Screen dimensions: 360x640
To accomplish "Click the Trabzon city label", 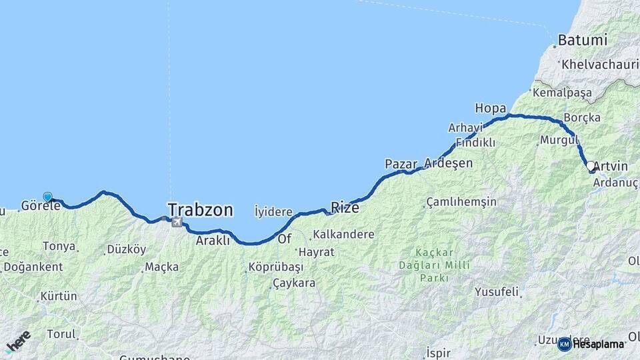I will (x=200, y=210).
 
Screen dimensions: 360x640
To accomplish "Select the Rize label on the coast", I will (x=345, y=207).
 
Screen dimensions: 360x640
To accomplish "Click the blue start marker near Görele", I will (x=47, y=197).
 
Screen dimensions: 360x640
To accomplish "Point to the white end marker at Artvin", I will (x=590, y=166).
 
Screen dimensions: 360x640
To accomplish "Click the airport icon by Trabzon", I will (x=177, y=222).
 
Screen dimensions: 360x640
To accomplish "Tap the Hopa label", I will (x=491, y=107).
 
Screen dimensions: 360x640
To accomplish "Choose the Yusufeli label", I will (x=496, y=291).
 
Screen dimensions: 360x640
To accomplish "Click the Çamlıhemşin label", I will (x=461, y=201).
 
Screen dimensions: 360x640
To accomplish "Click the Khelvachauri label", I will (x=591, y=65).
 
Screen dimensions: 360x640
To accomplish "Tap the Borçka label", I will (x=581, y=117).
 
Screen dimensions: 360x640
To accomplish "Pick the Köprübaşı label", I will (x=275, y=267).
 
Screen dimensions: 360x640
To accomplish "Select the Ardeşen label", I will (x=448, y=163).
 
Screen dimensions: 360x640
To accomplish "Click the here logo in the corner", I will (x=18, y=341).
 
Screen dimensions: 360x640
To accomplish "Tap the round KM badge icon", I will (x=564, y=344).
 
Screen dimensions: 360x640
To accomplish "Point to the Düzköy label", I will (x=126, y=249).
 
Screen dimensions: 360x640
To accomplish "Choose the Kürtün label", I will (x=59, y=296).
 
